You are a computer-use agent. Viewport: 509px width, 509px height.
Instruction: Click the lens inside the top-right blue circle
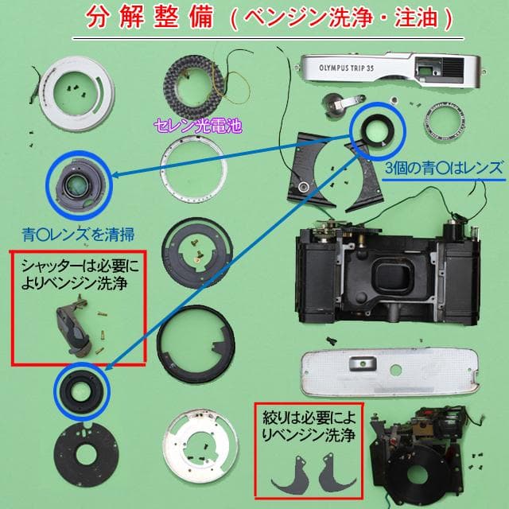(377, 128)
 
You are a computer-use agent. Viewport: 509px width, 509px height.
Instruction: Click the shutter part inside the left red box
(76, 326)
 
